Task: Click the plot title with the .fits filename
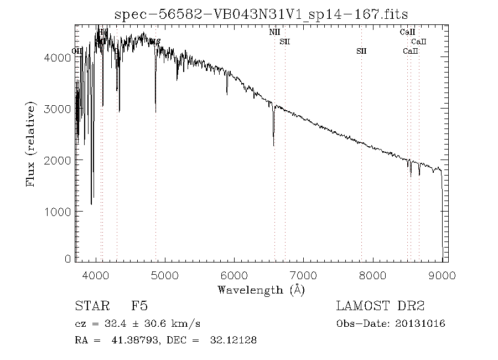tap(261, 14)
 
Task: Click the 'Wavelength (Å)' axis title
tap(261, 290)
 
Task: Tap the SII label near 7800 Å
tap(361, 51)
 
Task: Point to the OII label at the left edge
tap(78, 51)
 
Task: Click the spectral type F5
tap(139, 306)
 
